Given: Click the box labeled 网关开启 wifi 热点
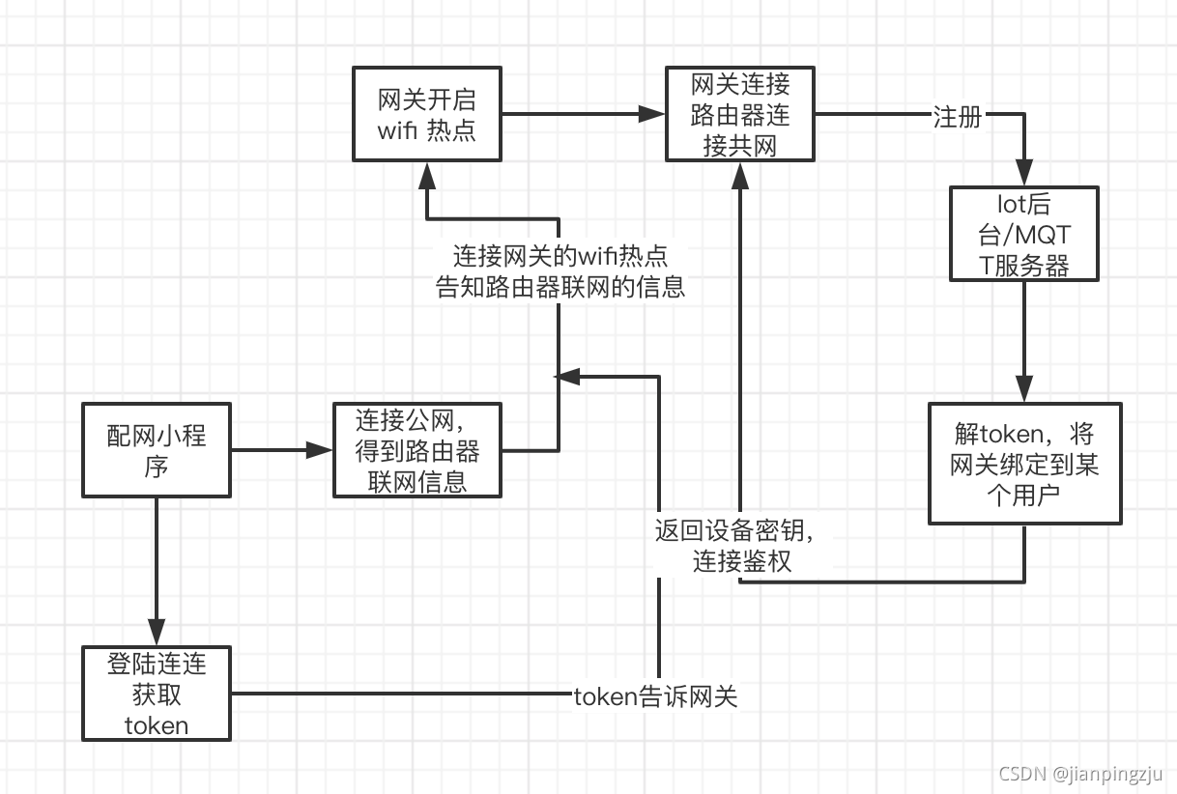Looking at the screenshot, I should pyautogui.click(x=426, y=114).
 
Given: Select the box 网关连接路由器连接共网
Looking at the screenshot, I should pyautogui.click(x=740, y=114).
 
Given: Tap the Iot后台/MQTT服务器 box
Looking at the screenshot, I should pyautogui.click(x=1024, y=234).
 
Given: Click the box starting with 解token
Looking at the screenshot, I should pyautogui.click(x=1024, y=464).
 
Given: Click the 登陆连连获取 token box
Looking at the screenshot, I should pyautogui.click(x=156, y=693).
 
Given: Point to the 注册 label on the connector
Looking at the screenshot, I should pyautogui.click(x=957, y=117).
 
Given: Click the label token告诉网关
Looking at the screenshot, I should pyautogui.click(x=655, y=697).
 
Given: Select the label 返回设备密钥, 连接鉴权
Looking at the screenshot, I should pyautogui.click(x=741, y=545).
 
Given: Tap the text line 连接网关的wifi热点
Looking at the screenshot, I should pyautogui.click(x=560, y=256).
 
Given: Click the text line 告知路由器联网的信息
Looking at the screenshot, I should pyautogui.click(x=560, y=287).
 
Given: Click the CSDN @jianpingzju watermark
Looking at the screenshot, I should pyautogui.click(x=1079, y=774).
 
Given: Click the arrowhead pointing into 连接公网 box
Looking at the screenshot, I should pyautogui.click(x=320, y=450).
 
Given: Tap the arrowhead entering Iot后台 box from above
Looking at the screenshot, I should pyautogui.click(x=1024, y=174).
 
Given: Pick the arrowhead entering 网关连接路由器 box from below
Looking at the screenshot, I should pyautogui.click(x=740, y=173).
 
